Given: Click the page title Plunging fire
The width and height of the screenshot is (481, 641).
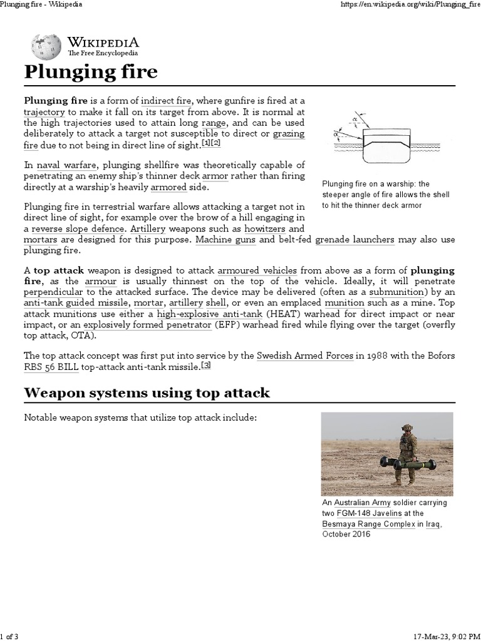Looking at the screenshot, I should click(91, 73).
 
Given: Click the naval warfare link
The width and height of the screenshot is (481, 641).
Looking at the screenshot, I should click(66, 165).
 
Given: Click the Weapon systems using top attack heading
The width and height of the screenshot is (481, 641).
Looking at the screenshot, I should click(147, 393).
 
